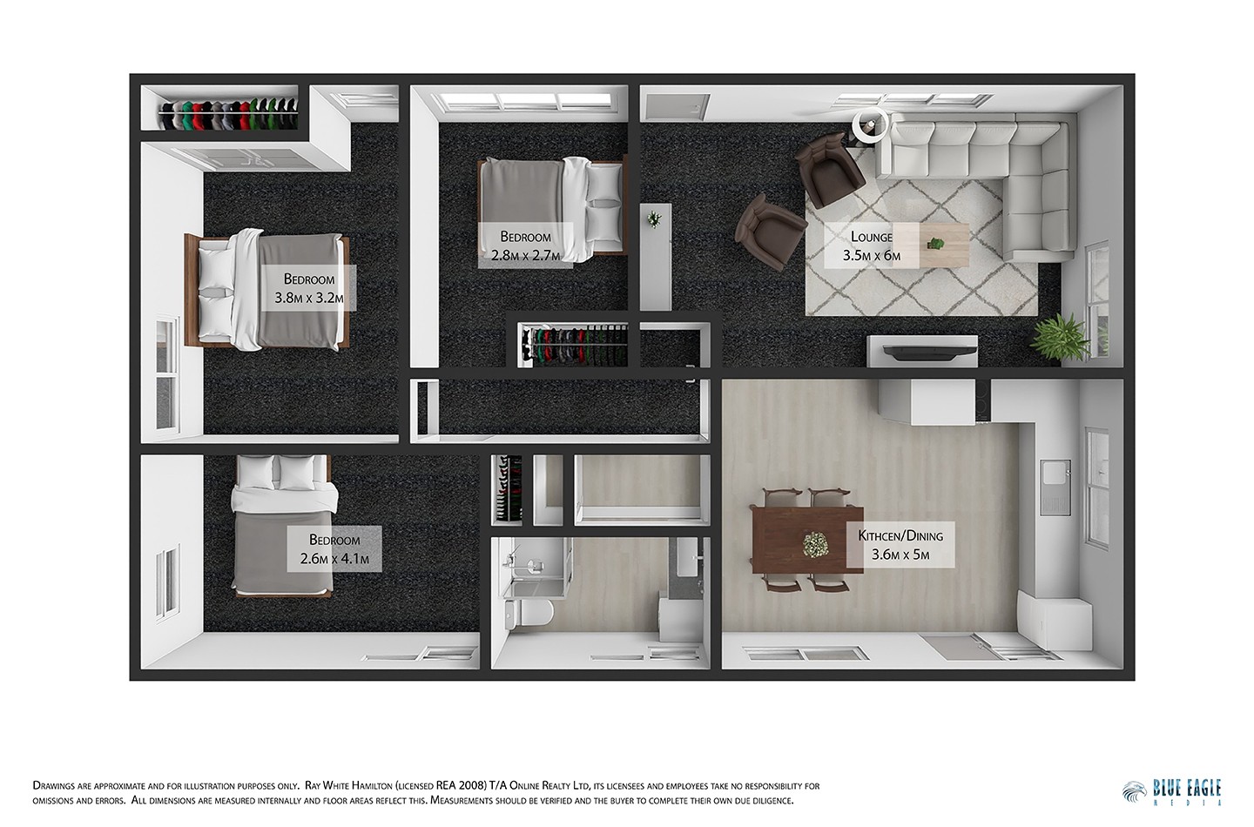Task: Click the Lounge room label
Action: pos(871,245)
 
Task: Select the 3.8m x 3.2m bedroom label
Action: pos(309,289)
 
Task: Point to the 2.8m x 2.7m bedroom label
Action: pos(525,245)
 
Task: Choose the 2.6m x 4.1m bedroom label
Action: pos(334,549)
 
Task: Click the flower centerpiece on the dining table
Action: pos(815,545)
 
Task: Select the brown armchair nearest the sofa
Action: pos(828,170)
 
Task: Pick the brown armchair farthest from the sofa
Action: pos(769,231)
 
